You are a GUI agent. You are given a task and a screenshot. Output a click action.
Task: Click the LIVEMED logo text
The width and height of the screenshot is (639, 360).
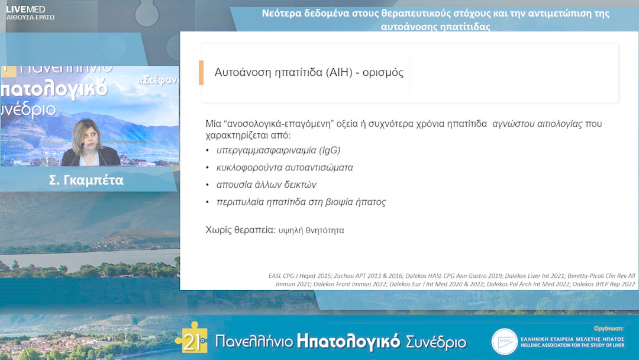[25, 9]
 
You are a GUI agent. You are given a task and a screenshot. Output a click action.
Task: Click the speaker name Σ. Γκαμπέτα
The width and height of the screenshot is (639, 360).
[86, 181]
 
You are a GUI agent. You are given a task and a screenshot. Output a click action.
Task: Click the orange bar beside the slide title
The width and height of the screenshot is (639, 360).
[201, 73]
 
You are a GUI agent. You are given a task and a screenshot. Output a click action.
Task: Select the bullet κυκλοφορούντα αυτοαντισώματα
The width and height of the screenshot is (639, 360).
[285, 168]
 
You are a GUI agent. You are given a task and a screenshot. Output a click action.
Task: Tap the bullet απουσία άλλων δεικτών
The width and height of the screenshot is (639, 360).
[266, 185]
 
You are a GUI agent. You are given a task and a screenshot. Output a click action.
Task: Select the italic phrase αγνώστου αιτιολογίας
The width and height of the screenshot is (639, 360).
[537, 124]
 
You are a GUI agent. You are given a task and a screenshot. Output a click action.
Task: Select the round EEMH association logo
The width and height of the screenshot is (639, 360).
[504, 342]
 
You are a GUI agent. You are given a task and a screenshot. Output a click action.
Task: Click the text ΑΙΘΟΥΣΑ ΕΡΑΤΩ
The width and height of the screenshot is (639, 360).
[30, 18]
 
